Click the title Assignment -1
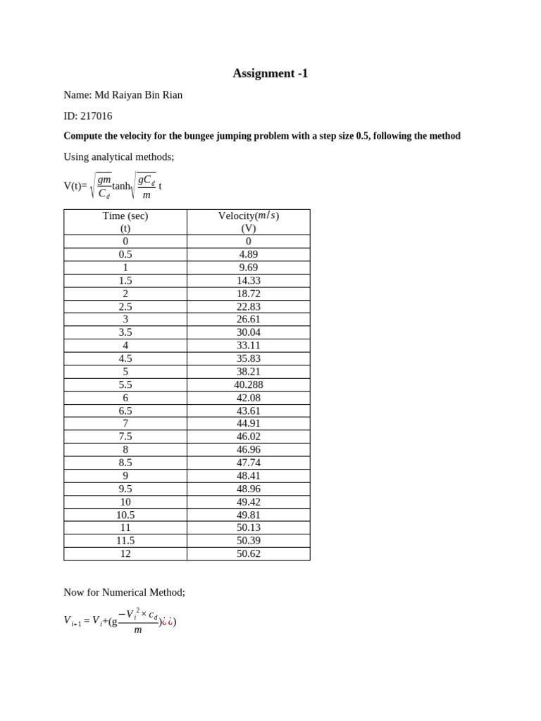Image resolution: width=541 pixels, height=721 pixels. point(270,73)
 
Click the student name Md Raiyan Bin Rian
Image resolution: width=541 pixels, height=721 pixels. point(138,95)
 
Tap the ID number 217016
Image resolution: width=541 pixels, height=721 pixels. point(96,116)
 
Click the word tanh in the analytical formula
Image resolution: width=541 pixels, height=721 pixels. point(121,187)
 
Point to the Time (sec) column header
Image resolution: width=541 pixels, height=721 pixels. point(125,216)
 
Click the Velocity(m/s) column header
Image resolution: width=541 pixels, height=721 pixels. point(248,216)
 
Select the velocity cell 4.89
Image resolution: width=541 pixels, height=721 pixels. point(248,254)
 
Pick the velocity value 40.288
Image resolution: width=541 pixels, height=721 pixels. point(248,384)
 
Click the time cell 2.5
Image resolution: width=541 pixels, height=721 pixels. point(125,306)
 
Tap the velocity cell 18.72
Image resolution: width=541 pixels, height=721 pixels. point(248,294)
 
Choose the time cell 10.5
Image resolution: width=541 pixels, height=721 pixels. point(125,515)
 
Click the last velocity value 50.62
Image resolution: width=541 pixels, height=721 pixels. point(248,553)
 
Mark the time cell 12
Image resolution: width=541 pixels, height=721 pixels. point(125,553)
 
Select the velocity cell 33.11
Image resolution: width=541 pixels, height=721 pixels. point(248,345)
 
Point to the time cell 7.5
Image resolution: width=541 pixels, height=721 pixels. point(125,437)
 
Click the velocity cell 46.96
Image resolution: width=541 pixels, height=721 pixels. point(248,449)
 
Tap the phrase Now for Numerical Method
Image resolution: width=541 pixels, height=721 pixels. point(124,592)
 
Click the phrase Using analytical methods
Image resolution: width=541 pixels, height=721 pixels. point(118,156)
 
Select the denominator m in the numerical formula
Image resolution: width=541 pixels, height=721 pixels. point(138,630)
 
